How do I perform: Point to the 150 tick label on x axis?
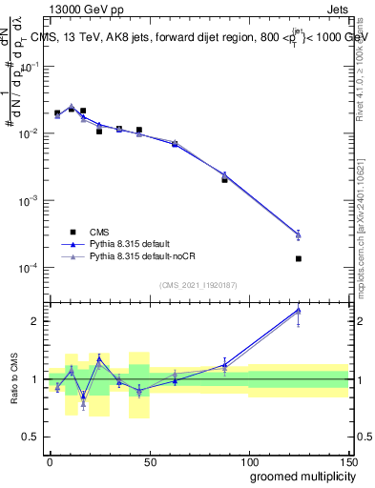click(348, 460)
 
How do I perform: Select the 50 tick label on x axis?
click(150, 460)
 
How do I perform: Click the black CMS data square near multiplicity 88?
click(224, 179)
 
